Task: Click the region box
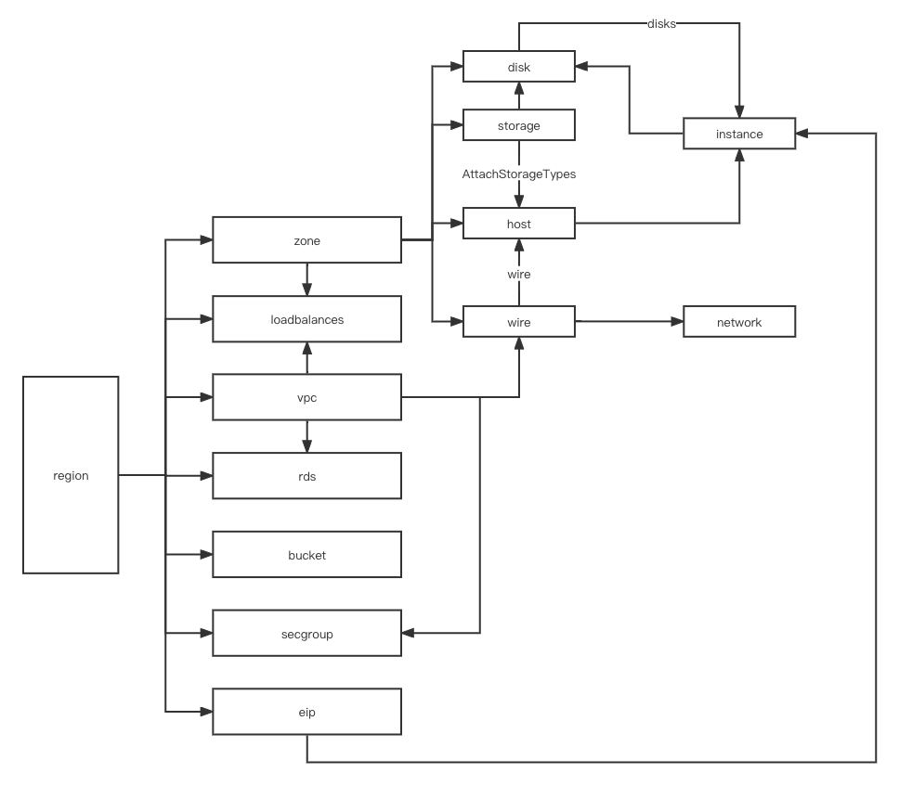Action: click(71, 475)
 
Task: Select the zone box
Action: click(306, 240)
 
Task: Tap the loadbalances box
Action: click(306, 319)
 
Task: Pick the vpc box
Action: click(306, 398)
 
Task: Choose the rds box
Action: click(306, 476)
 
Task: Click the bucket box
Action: click(306, 555)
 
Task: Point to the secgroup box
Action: click(306, 634)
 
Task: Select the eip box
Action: click(306, 712)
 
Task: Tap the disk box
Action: click(518, 67)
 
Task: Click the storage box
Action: click(518, 125)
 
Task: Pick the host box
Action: click(518, 224)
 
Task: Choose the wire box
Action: click(518, 322)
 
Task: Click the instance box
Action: click(739, 134)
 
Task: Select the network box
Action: click(739, 322)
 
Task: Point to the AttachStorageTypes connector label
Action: click(519, 174)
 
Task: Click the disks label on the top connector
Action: click(662, 24)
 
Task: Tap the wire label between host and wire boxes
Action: click(518, 274)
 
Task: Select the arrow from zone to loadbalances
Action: click(306, 279)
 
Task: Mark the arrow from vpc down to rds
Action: click(306, 436)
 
